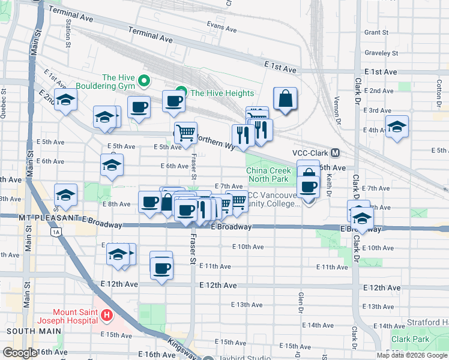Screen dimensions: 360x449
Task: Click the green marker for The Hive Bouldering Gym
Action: (x=143, y=80)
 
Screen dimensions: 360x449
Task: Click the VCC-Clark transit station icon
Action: (x=336, y=153)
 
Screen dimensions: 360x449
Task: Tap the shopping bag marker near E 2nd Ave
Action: (x=285, y=99)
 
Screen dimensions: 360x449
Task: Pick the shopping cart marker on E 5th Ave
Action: (x=185, y=133)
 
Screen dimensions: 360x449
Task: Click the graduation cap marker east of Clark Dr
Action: (x=396, y=127)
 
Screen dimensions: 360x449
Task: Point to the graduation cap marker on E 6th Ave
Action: (x=112, y=165)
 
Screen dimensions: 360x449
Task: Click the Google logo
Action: (x=19, y=353)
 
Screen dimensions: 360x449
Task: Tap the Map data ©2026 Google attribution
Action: (x=411, y=355)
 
